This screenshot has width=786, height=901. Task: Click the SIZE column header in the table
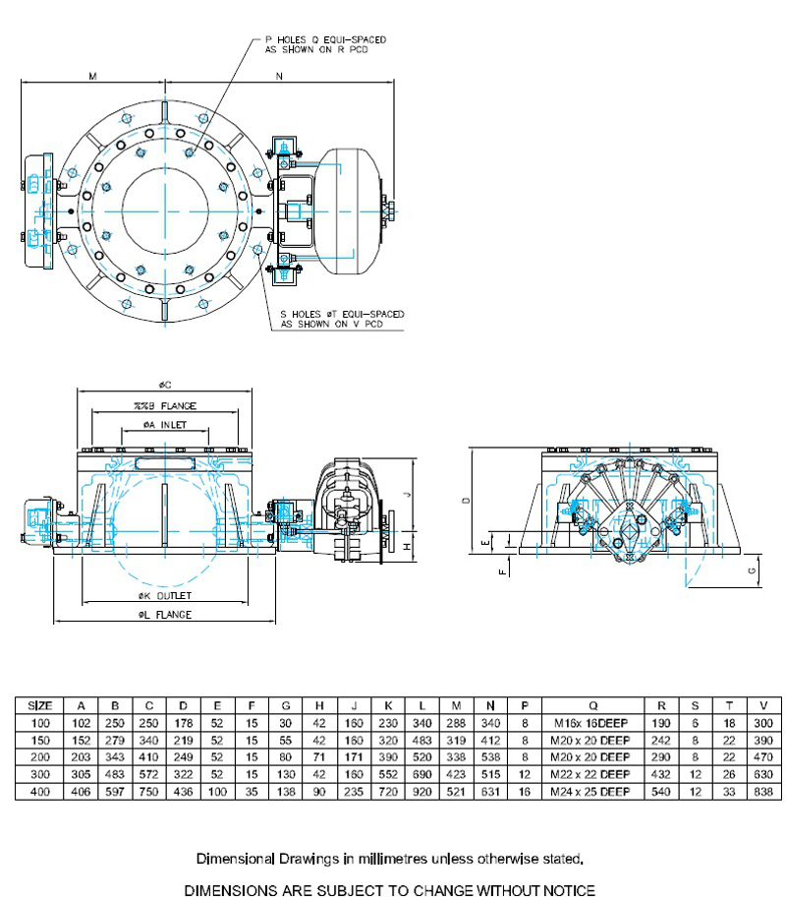pyautogui.click(x=39, y=705)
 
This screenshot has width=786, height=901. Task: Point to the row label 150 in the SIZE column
pyautogui.click(x=39, y=740)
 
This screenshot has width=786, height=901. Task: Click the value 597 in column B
pyautogui.click(x=115, y=792)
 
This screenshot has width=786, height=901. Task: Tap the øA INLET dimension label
pyautogui.click(x=163, y=425)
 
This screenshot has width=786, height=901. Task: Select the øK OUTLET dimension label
pyautogui.click(x=164, y=595)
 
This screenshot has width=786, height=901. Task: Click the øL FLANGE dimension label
pyautogui.click(x=164, y=615)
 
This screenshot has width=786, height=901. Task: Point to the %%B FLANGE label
pyautogui.click(x=164, y=405)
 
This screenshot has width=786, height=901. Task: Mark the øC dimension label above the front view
pyautogui.click(x=164, y=386)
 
